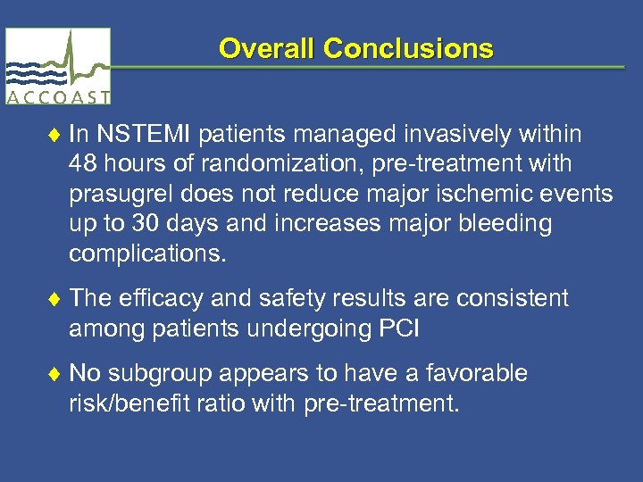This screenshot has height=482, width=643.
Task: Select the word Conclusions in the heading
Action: point(408,48)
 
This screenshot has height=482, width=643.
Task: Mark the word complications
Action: point(148,254)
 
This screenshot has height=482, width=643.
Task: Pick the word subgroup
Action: point(154,373)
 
